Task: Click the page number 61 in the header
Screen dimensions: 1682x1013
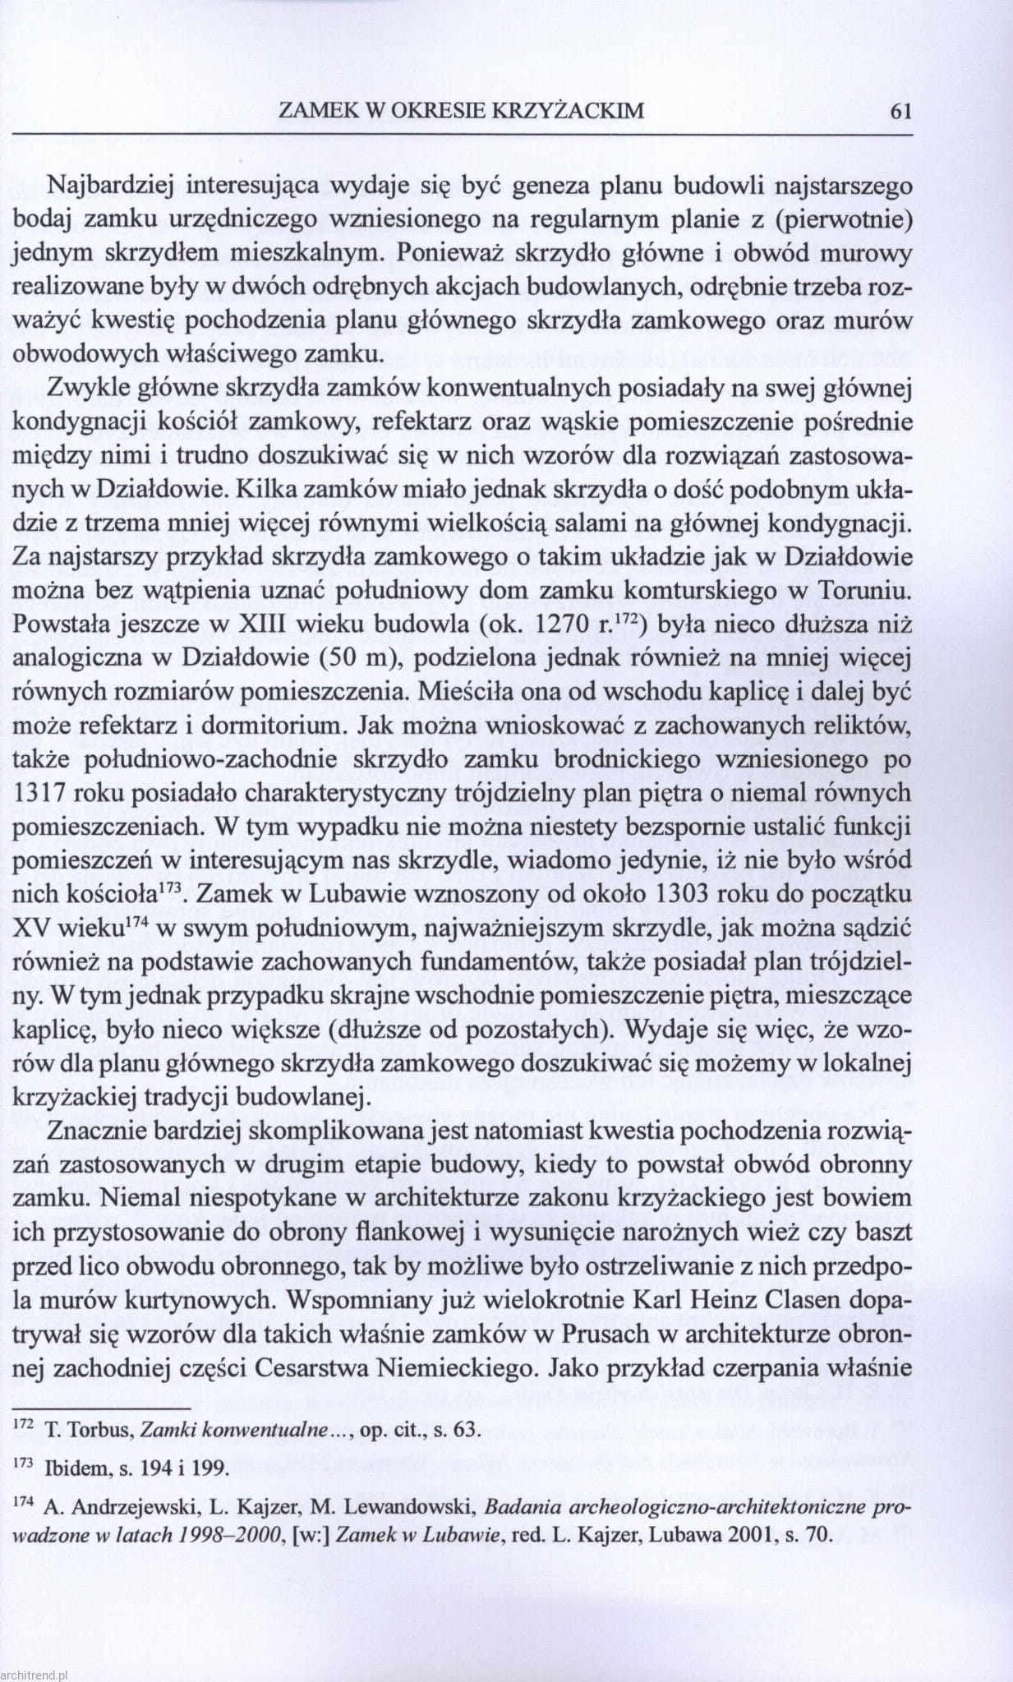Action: (900, 111)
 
